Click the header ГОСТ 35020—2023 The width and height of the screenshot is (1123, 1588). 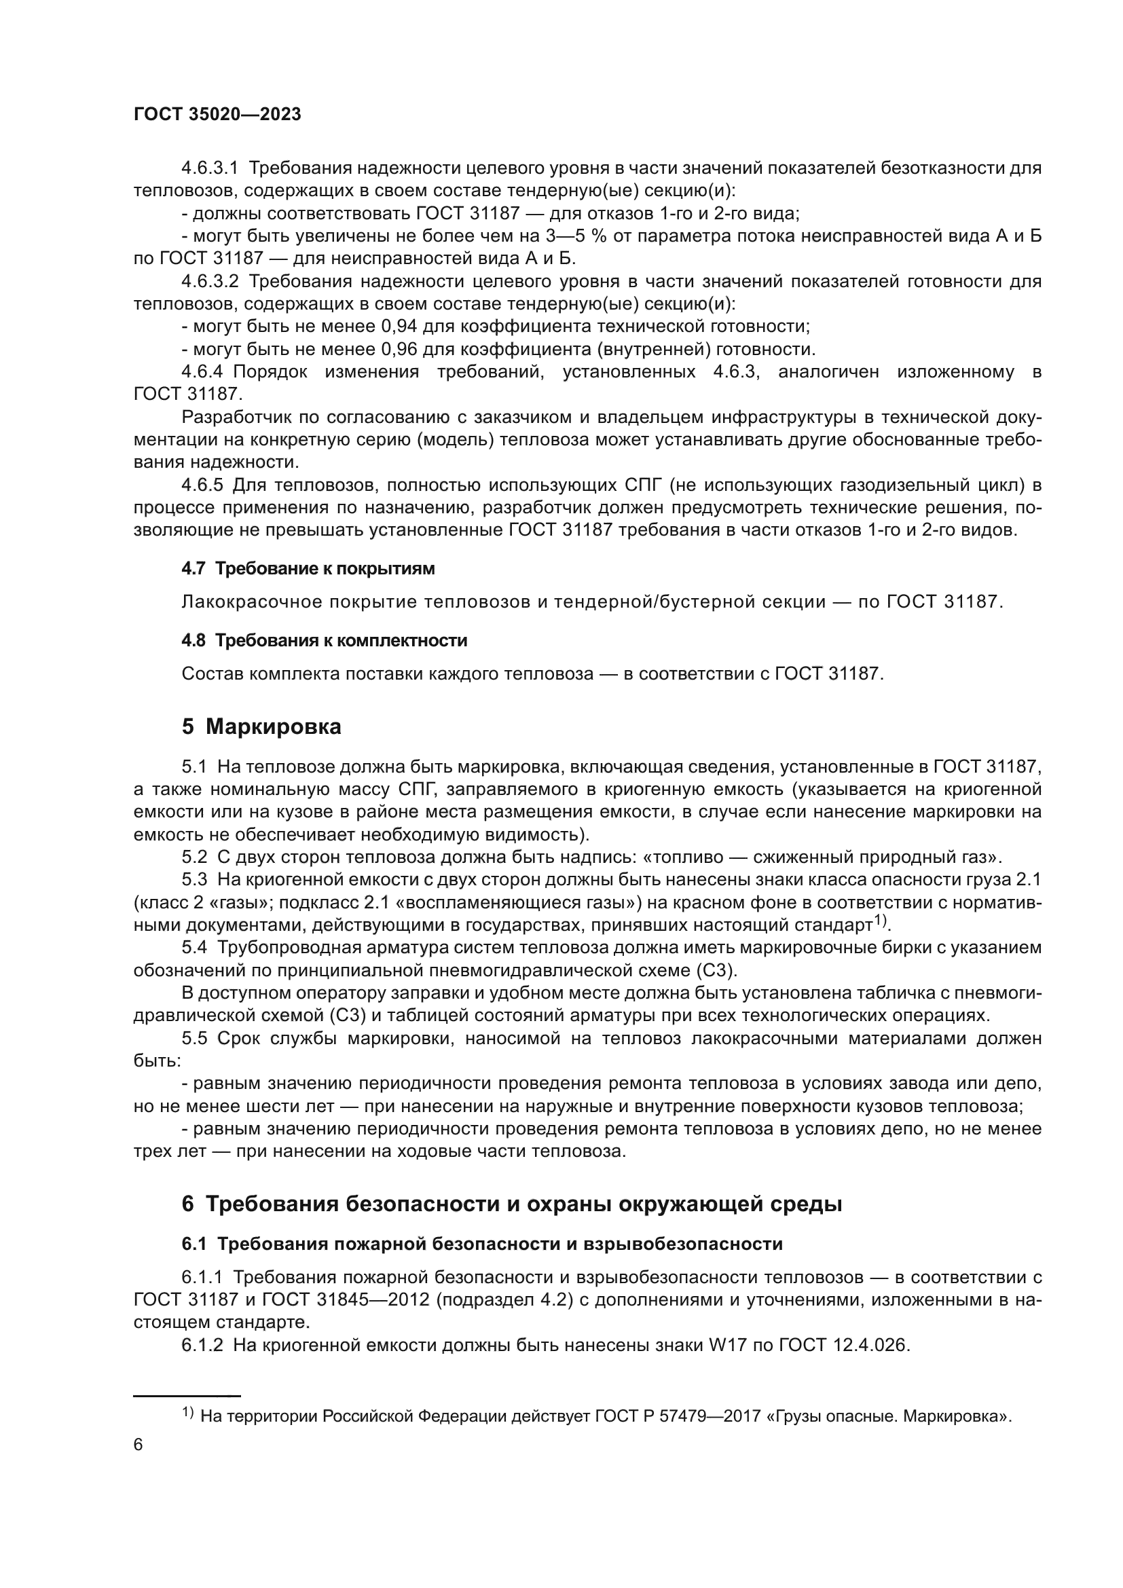pos(217,115)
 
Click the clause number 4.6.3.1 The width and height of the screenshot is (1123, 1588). pos(209,168)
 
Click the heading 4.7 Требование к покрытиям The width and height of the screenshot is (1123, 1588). pos(308,568)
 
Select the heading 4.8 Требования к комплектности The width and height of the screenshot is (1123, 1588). pos(324,640)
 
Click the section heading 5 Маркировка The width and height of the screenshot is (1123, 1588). pos(261,727)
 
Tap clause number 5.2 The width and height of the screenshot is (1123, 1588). pos(194,857)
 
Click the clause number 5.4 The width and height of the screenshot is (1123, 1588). pos(194,948)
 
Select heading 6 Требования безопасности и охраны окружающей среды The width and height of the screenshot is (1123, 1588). pos(512,1204)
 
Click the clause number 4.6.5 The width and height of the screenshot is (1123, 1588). pos(202,485)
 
